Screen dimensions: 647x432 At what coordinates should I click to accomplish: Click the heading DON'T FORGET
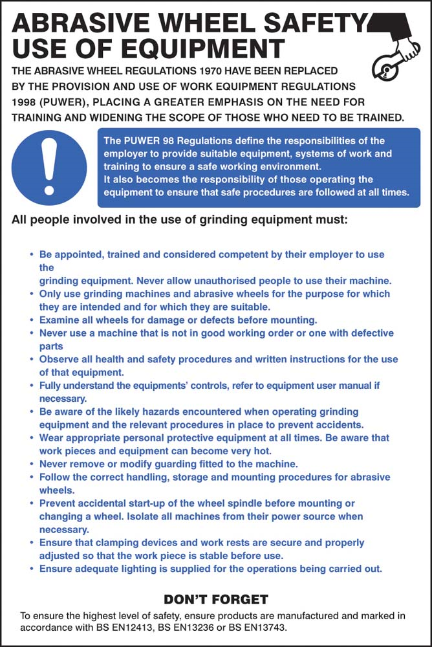tap(215, 599)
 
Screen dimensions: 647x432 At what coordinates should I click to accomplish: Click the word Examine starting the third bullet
tap(61, 320)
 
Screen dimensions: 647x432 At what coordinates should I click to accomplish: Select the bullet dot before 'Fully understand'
tap(32, 386)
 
